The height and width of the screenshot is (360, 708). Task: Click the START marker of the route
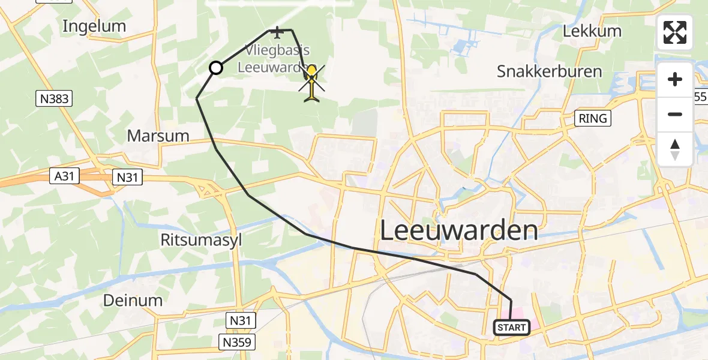tap(512, 328)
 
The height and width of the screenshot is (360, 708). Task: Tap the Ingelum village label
tap(94, 26)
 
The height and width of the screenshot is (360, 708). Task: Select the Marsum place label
tap(158, 136)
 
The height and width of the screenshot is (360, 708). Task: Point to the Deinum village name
tap(133, 300)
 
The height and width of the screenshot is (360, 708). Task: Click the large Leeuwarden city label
tap(459, 230)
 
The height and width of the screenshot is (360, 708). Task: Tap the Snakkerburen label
tap(549, 72)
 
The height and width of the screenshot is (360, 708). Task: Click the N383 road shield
tap(54, 99)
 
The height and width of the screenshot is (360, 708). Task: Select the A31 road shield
tap(65, 176)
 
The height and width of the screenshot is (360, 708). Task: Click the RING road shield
tap(593, 118)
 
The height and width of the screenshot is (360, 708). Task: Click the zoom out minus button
tap(675, 114)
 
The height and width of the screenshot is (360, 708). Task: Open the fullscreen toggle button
tap(675, 32)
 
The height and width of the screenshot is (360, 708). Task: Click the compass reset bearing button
tap(675, 149)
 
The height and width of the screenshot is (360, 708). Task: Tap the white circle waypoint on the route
tap(216, 68)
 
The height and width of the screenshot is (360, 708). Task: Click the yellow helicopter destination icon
tap(311, 82)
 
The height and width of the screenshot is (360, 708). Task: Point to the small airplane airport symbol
tap(277, 31)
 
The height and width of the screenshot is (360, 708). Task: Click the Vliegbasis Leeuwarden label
tap(272, 59)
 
